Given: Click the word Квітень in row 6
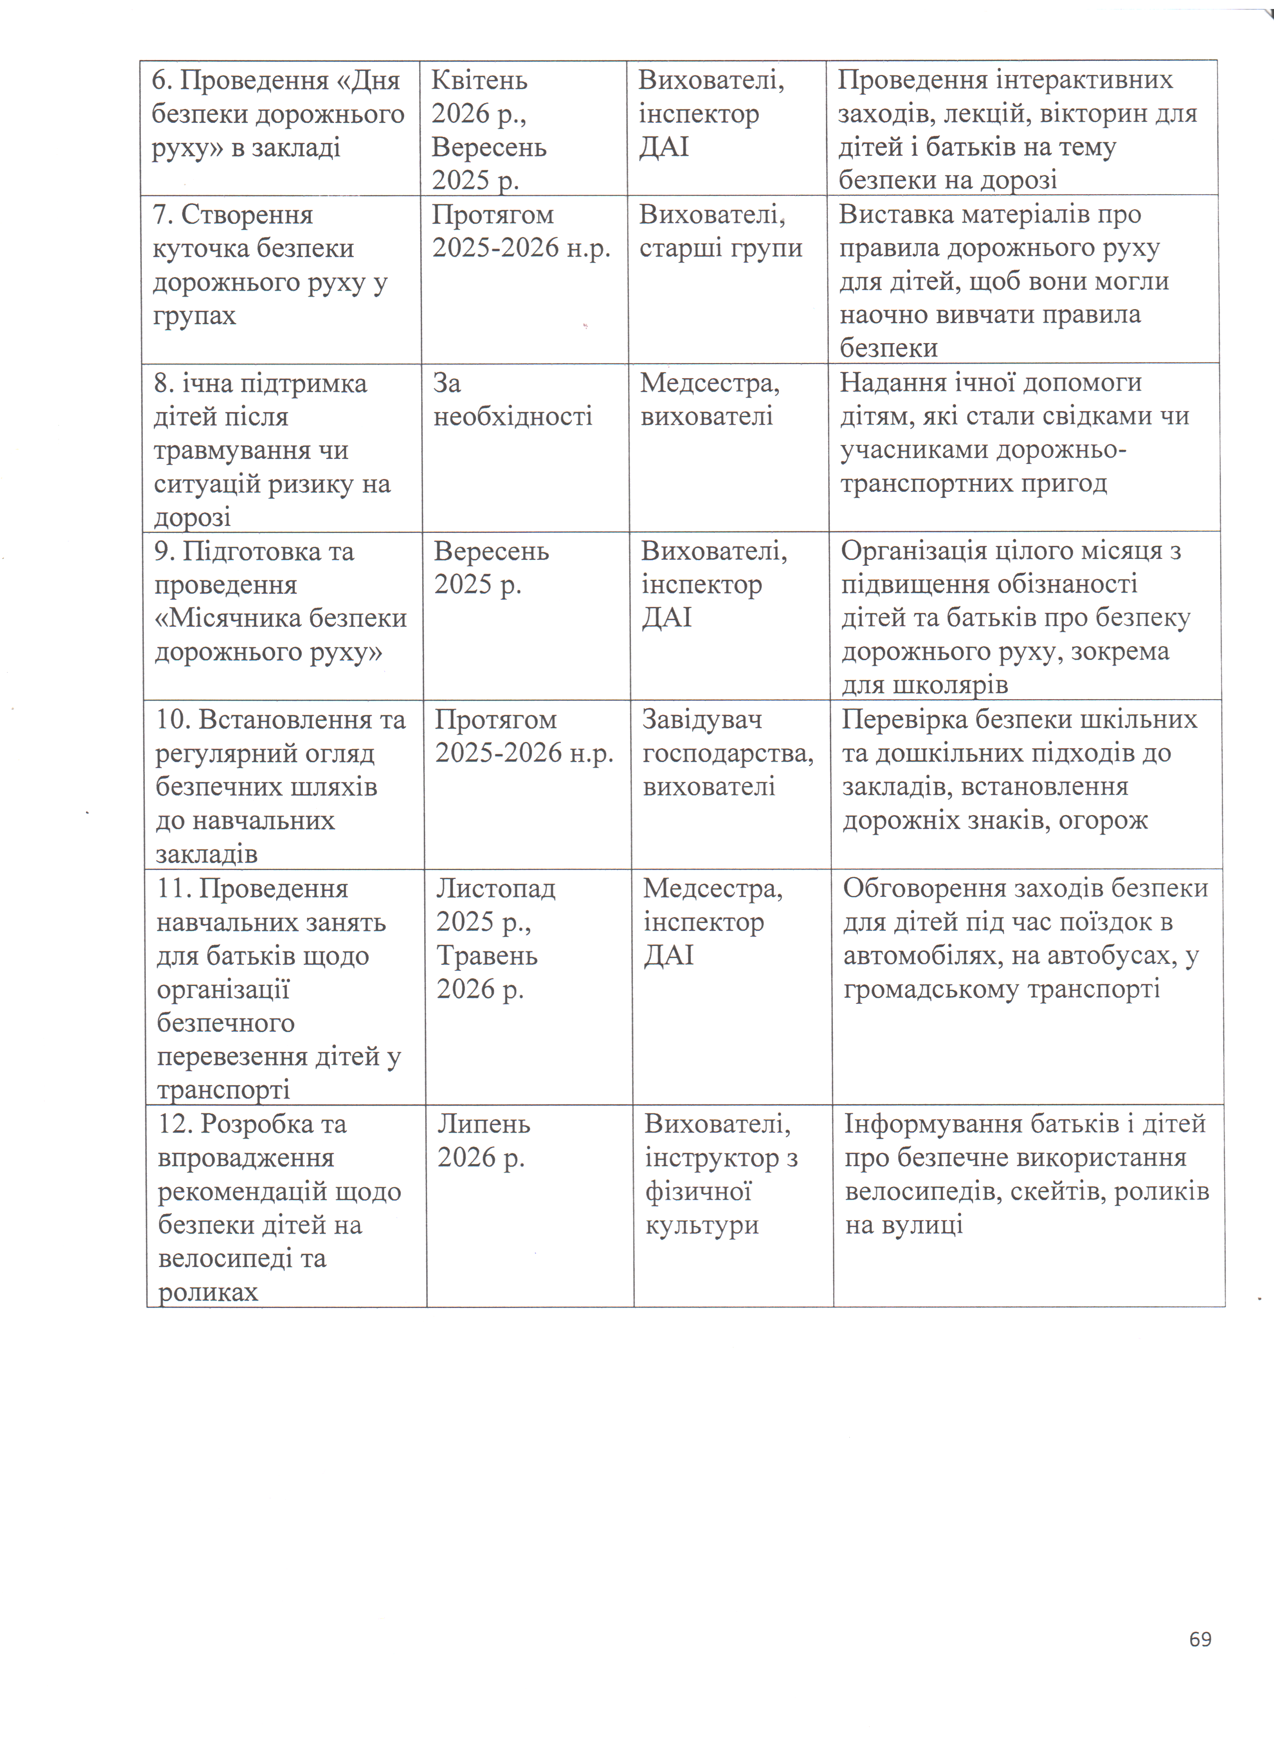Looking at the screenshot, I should point(479,80).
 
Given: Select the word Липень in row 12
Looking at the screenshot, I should point(484,1124).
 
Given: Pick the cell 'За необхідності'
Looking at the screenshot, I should point(512,400).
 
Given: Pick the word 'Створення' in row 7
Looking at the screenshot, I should point(246,215).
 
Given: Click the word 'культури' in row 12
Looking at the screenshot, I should point(701,1225).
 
